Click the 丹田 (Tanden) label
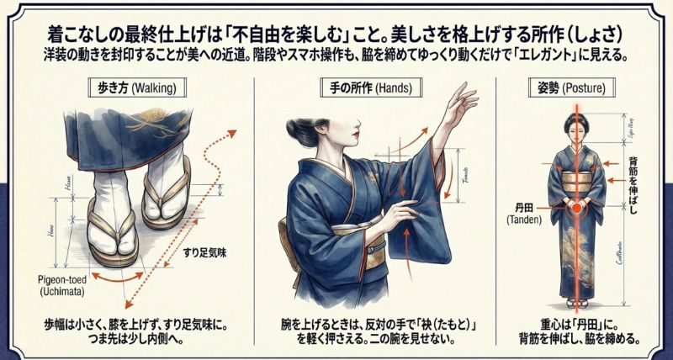point(527,212)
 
